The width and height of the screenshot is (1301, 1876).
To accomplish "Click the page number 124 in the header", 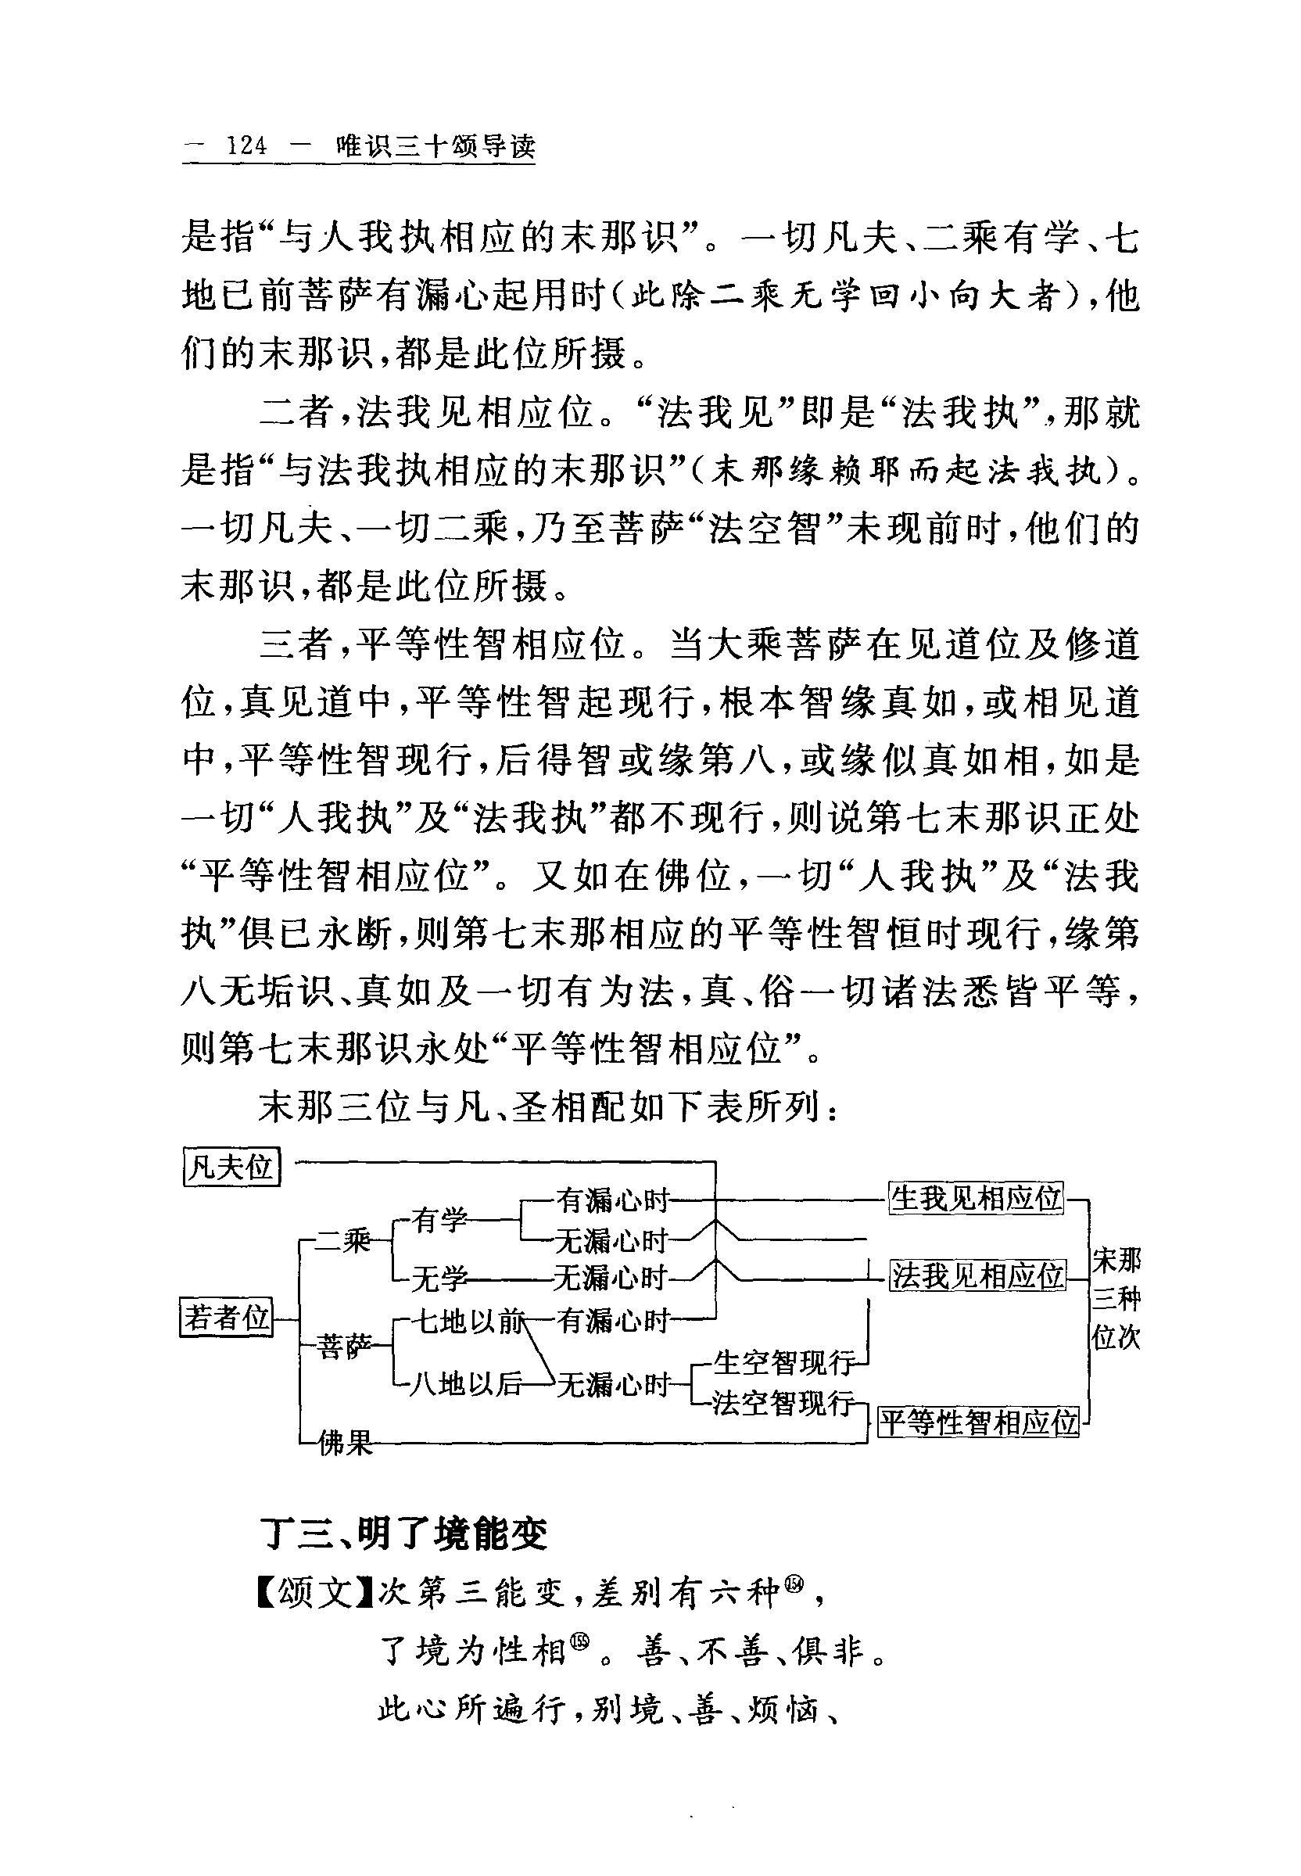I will click(x=246, y=146).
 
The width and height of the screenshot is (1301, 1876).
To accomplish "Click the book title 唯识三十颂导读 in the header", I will click(x=435, y=146).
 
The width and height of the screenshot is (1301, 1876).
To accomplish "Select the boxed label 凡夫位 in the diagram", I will click(x=231, y=1167).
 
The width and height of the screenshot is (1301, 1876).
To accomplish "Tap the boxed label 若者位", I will click(x=226, y=1317).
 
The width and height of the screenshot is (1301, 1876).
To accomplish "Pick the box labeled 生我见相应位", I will click(x=976, y=1198).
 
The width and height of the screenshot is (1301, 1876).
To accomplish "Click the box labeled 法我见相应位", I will click(x=977, y=1275).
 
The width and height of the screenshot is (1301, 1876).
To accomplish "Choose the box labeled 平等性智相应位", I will click(x=978, y=1422).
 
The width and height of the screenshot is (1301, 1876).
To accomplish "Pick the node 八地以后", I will click(x=464, y=1383).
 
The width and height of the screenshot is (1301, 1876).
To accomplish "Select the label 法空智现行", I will click(x=783, y=1402).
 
